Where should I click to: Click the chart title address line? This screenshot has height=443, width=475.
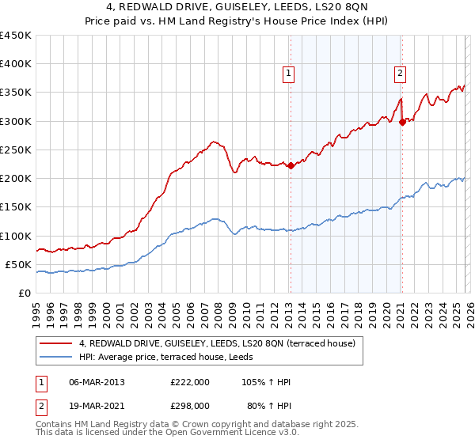click(x=237, y=8)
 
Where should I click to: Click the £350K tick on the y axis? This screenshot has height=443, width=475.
click(x=16, y=93)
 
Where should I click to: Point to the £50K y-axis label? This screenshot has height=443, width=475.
click(x=18, y=264)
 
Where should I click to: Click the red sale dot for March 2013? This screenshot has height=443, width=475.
click(x=291, y=165)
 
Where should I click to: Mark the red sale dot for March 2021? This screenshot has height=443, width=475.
click(x=402, y=122)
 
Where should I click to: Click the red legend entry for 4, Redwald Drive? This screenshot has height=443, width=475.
click(x=221, y=343)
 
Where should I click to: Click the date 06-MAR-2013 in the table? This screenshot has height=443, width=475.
click(x=97, y=382)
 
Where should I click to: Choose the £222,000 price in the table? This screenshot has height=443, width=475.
click(x=190, y=382)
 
